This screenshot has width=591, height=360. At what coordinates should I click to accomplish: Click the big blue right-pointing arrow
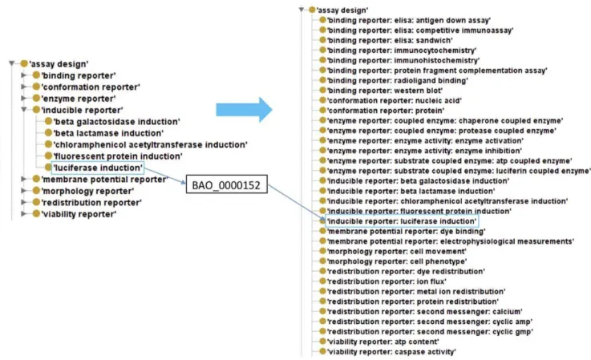pyautogui.click(x=244, y=110)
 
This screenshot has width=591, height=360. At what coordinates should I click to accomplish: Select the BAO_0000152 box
pyautogui.click(x=226, y=184)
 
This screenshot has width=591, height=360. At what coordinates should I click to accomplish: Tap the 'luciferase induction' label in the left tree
pyautogui.click(x=98, y=168)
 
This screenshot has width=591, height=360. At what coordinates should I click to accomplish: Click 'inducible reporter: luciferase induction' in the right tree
pyautogui.click(x=402, y=221)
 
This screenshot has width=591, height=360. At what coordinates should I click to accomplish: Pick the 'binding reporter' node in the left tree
pyautogui.click(x=79, y=75)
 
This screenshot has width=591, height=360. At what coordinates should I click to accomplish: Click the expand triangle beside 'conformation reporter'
pyautogui.click(x=24, y=87)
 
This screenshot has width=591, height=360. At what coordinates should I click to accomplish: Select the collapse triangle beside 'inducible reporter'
pyautogui.click(x=24, y=110)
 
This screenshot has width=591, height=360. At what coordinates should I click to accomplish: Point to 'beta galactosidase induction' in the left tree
pyautogui.click(x=117, y=121)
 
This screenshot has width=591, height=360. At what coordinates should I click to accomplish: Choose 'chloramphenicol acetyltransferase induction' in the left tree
pyautogui.click(x=151, y=145)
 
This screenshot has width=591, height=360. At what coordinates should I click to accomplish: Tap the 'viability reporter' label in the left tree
pyautogui.click(x=79, y=214)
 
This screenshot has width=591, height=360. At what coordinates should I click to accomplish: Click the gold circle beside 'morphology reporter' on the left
pyautogui.click(x=36, y=191)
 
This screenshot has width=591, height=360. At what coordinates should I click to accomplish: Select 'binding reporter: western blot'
pyautogui.click(x=384, y=91)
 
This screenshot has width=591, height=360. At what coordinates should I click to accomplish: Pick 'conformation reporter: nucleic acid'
pyautogui.click(x=394, y=101)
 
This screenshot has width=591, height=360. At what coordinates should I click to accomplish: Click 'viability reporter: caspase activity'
pyautogui.click(x=391, y=352)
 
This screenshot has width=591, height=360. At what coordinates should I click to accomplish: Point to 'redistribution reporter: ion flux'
pyautogui.click(x=387, y=281)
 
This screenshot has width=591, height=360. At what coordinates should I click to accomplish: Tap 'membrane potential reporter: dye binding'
pyautogui.click(x=406, y=231)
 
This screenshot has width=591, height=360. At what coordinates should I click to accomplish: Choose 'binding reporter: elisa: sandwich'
pyautogui.click(x=390, y=40)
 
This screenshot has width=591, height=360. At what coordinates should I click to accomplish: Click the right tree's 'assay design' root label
pyautogui.click(x=342, y=10)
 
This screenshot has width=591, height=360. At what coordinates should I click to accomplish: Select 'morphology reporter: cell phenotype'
pyautogui.click(x=396, y=261)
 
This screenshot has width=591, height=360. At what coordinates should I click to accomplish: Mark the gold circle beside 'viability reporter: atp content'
pyautogui.click(x=322, y=341)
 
